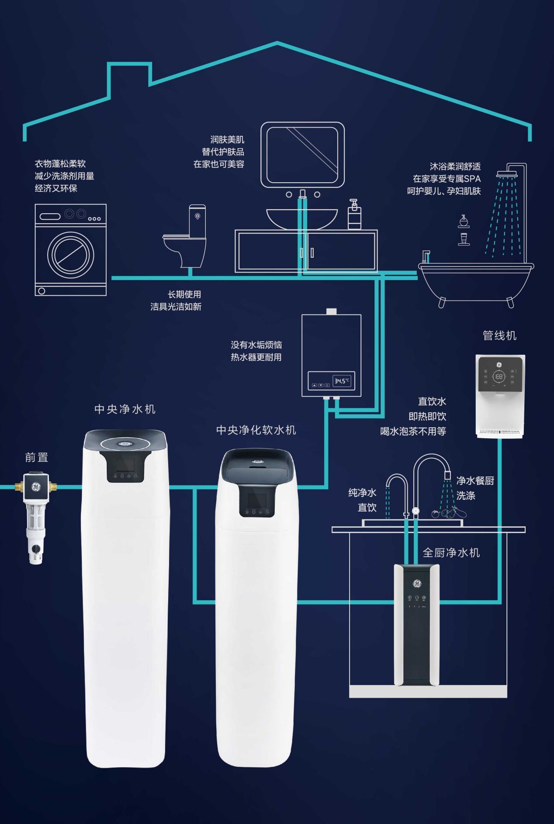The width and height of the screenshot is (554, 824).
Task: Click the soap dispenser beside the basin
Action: tap(354, 215)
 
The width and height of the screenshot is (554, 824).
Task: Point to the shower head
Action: tap(506, 174)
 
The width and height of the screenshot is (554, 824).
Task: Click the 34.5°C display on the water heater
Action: tap(342, 381)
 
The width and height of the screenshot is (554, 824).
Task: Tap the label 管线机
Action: tap(499, 336)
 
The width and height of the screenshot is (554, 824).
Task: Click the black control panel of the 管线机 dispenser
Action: tap(499, 375)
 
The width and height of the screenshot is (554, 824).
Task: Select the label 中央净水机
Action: tap(125, 409)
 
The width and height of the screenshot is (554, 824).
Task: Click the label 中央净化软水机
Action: tap(256, 430)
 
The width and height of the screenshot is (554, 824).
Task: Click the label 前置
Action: tap(36, 457)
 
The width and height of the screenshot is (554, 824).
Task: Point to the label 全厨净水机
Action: tap(451, 553)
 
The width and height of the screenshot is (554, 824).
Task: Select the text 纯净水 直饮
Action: tap(363, 500)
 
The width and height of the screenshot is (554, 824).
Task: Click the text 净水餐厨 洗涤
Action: tap(474, 488)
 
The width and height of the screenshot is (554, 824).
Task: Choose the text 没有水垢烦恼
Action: tap(256, 345)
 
